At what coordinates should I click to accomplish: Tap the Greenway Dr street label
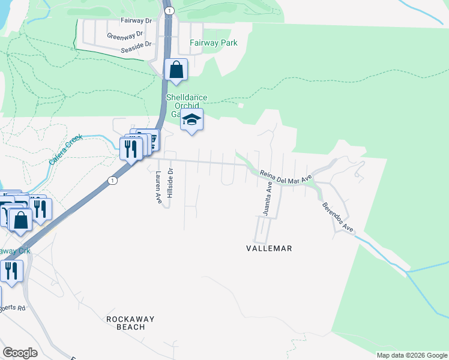click(x=125, y=35)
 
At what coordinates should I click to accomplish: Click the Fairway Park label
click(x=213, y=43)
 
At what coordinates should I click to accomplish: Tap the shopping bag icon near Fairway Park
click(x=176, y=70)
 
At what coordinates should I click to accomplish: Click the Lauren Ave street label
click(x=158, y=187)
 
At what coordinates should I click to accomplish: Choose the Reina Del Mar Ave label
click(x=286, y=176)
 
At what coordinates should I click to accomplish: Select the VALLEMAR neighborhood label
click(x=269, y=248)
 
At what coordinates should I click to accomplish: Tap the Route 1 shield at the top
click(x=170, y=11)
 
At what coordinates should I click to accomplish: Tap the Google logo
click(x=20, y=353)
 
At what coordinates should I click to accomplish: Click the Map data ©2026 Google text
click(x=411, y=355)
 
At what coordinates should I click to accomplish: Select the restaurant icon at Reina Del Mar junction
click(x=131, y=148)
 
